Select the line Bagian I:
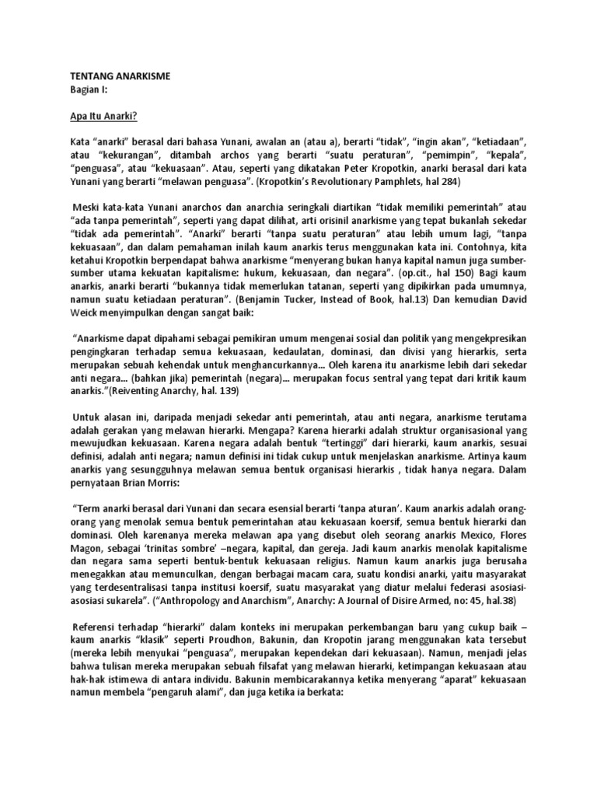coord(86,89)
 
